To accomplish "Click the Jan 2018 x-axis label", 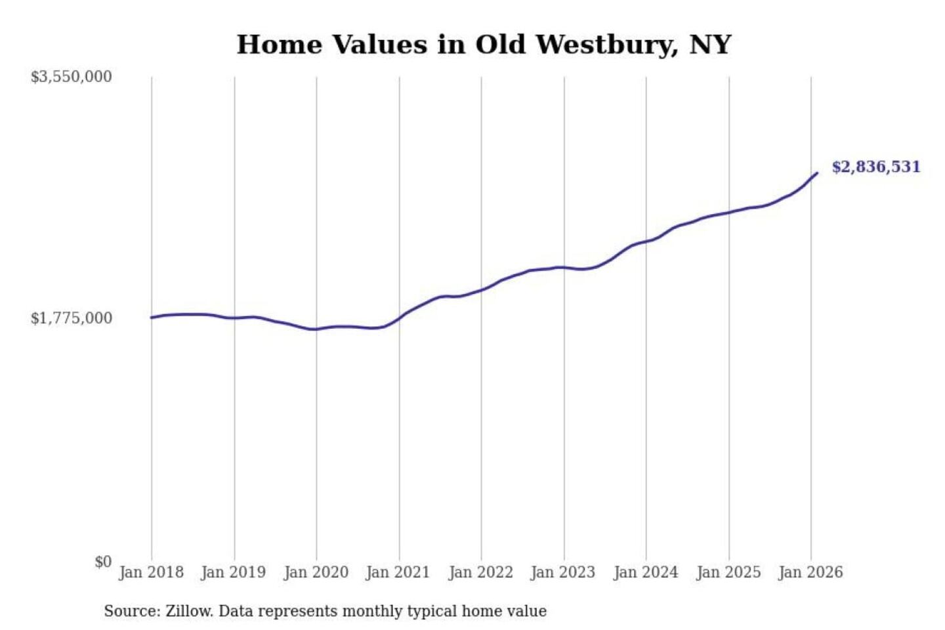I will [151, 572].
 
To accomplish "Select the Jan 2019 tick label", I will [234, 572].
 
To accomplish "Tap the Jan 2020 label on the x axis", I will [316, 572].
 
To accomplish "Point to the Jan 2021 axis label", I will [398, 572].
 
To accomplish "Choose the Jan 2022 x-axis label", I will [480, 572].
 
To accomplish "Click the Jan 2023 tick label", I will [562, 572].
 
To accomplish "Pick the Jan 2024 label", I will [645, 572].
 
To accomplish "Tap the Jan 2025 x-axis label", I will [728, 572].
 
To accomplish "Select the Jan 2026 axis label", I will [810, 572].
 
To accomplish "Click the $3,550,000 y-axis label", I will [72, 77].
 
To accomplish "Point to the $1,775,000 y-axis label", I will [72, 318].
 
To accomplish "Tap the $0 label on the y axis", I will [103, 562].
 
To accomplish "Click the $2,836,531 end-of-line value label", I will [875, 167].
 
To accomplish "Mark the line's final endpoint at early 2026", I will [816, 173].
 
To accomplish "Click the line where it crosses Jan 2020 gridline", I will [316, 329].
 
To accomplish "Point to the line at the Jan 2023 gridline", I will [564, 267].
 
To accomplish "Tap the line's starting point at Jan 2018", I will [152, 318].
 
